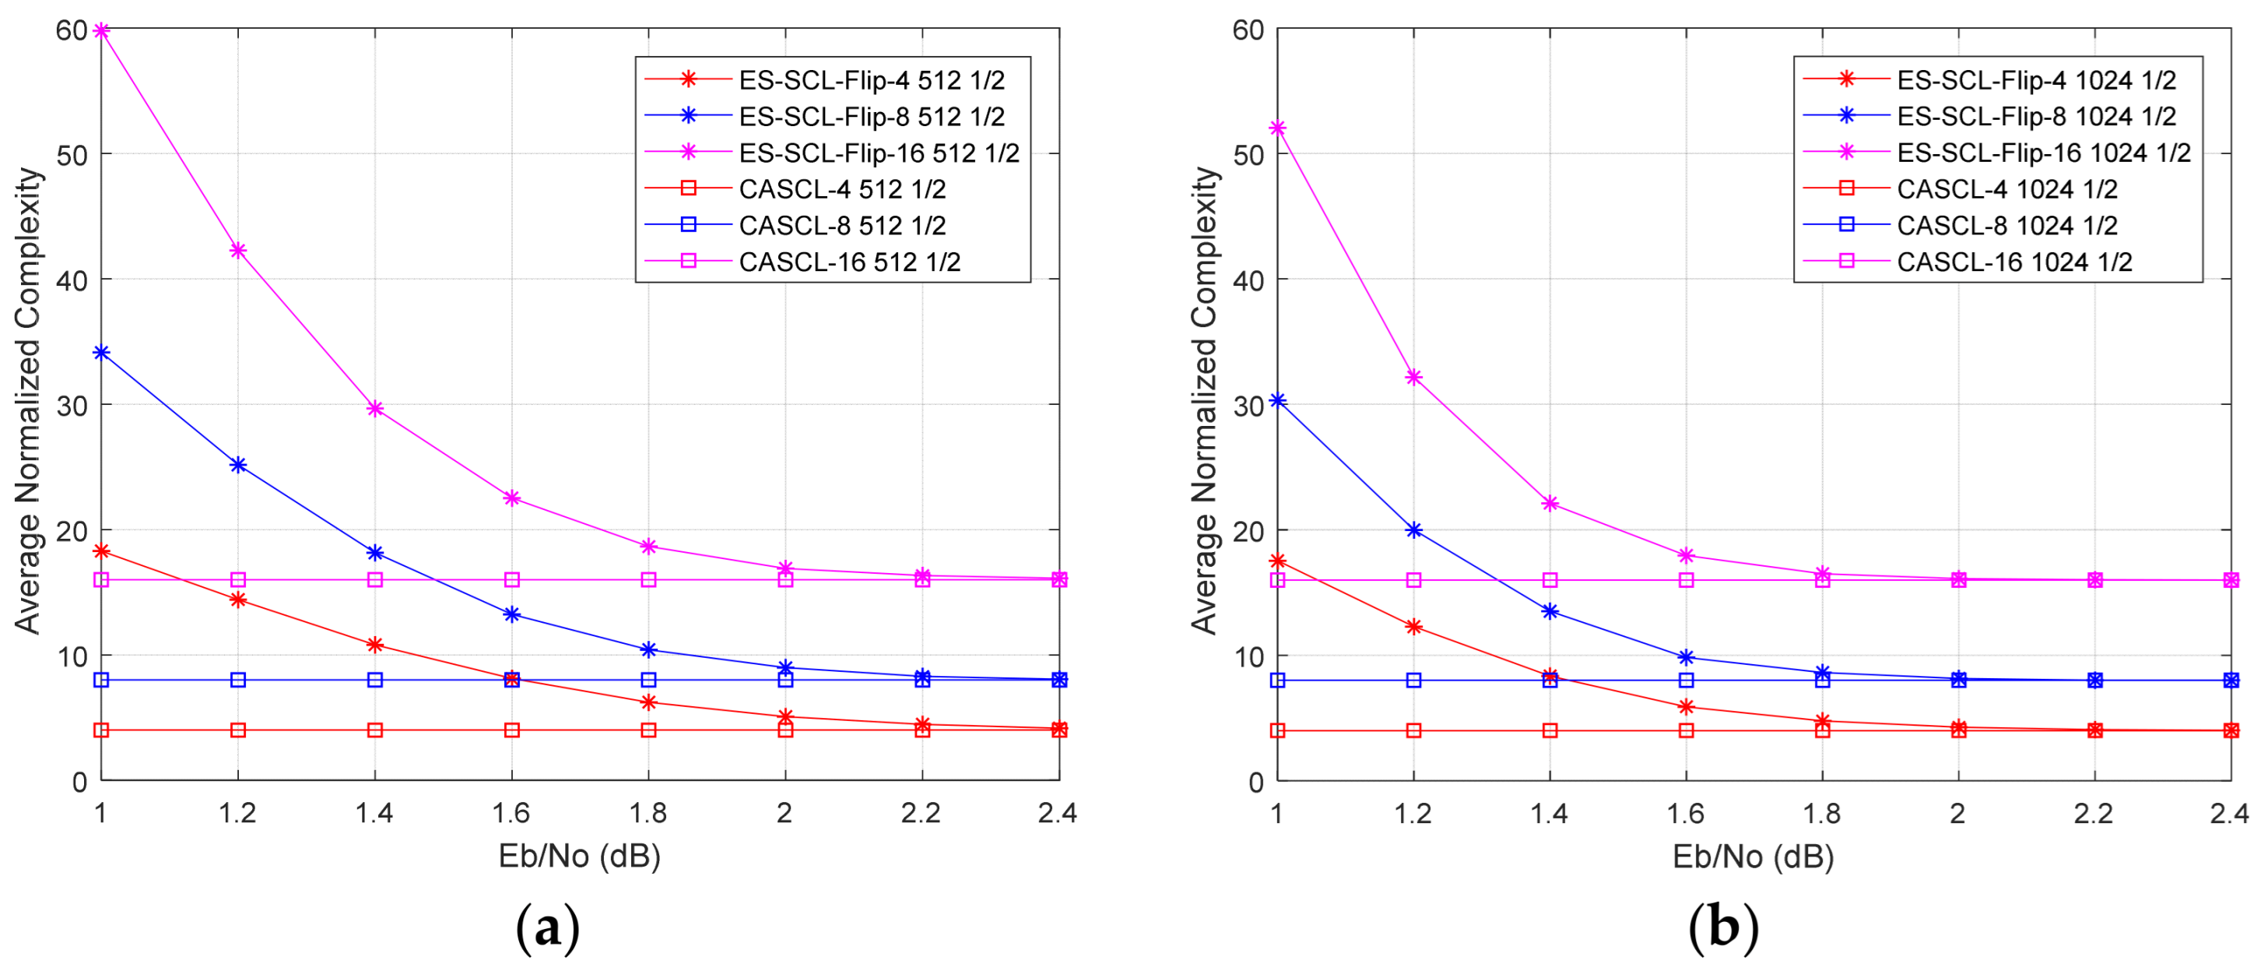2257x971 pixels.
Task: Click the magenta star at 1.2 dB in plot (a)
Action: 237,251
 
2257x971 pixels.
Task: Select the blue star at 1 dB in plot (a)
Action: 102,352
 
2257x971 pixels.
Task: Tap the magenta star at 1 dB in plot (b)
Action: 1277,128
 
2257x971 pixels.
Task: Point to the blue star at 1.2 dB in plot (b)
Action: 1413,530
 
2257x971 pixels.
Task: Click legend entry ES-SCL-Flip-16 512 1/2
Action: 878,153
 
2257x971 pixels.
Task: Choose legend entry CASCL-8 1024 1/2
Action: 2006,225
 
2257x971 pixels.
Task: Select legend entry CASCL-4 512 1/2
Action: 841,188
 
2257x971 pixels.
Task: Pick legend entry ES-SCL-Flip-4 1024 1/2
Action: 2035,79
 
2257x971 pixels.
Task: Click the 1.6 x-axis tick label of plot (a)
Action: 511,813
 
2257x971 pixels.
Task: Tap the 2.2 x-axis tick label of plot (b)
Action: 2093,813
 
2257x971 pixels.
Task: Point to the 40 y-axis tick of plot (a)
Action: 72,280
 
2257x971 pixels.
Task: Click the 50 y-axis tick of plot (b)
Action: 1248,155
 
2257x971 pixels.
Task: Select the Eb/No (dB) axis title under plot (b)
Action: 1753,857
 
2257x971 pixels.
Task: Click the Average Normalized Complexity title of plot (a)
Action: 28,400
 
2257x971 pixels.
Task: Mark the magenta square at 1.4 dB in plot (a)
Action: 375,579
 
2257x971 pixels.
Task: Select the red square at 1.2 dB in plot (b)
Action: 1413,730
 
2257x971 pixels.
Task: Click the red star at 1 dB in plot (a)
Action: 102,551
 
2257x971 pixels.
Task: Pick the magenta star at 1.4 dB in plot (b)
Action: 1550,503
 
